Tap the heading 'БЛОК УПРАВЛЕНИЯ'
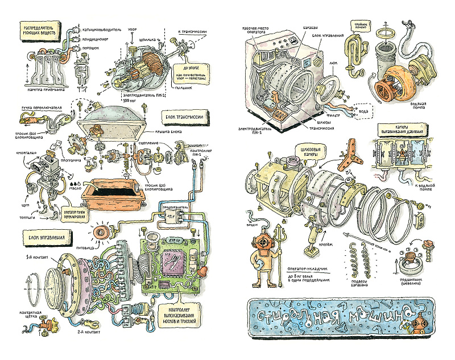click(x=47, y=236)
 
